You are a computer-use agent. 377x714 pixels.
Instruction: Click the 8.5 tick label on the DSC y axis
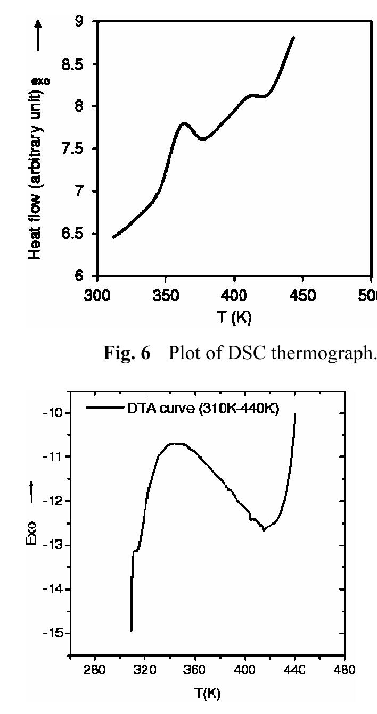[77, 64]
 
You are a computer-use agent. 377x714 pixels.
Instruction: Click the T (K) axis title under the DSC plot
[234, 318]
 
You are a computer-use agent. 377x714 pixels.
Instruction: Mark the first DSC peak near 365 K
[184, 123]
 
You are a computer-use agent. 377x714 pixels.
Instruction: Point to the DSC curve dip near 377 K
[202, 139]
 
